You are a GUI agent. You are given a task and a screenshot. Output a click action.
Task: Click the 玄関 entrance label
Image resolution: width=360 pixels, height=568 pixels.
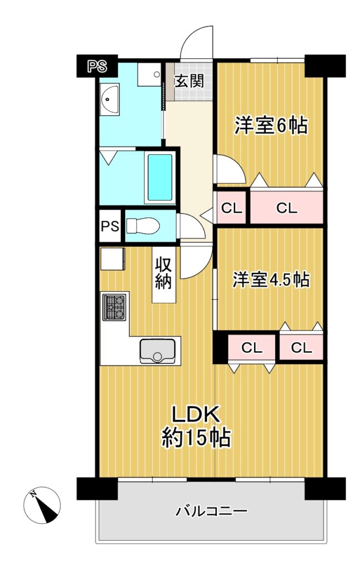(189, 80)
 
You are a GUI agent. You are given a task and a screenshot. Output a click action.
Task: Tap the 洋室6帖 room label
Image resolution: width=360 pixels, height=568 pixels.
(271, 125)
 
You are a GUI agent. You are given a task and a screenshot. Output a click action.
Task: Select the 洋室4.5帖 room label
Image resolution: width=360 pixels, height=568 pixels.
(271, 280)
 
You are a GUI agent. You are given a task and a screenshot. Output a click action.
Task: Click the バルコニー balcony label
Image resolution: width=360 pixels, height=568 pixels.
(212, 511)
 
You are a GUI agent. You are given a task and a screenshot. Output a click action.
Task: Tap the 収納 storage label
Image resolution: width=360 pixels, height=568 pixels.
(163, 274)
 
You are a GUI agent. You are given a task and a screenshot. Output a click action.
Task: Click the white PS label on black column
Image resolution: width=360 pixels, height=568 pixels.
(98, 67)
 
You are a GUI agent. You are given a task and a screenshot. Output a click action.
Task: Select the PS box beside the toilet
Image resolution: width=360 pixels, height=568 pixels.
(110, 226)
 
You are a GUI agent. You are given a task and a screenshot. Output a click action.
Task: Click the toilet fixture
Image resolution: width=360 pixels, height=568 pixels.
(143, 226)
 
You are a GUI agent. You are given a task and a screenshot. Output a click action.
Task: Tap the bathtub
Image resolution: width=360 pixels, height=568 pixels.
(160, 177)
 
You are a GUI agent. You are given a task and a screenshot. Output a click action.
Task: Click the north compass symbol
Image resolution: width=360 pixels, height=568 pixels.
(42, 505)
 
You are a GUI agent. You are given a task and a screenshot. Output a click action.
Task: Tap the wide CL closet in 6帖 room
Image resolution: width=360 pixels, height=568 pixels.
(286, 208)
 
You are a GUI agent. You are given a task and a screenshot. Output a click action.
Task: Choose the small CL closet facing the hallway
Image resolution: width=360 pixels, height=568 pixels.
(231, 208)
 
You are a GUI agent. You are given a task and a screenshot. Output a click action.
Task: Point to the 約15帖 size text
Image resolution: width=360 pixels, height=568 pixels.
(196, 437)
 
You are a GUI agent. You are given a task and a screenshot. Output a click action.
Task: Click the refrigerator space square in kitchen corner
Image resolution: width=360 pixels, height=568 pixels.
(112, 258)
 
